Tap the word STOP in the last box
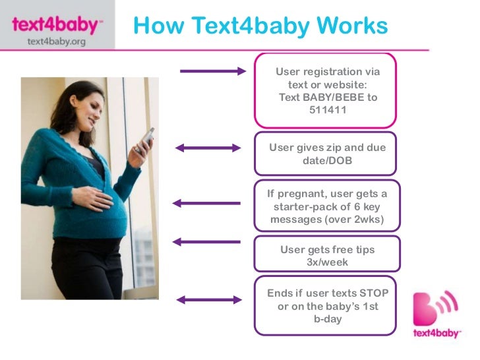coord(373,293)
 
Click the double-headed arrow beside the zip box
coord(209,148)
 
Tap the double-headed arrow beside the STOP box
coord(209,300)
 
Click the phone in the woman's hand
coord(147,138)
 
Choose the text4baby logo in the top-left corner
coord(57,26)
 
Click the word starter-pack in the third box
coord(304,206)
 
